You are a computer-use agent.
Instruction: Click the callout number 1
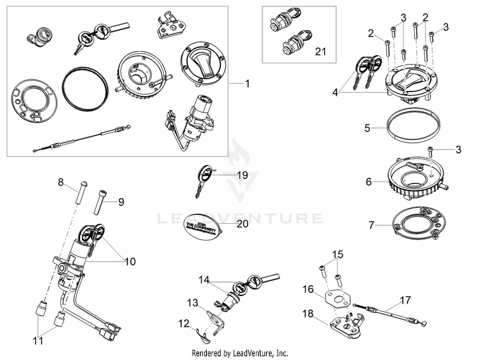(249, 84)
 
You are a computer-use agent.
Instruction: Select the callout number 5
(367, 128)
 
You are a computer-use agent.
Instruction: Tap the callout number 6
(369, 182)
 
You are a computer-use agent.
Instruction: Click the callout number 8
(61, 182)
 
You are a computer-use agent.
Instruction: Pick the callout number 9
(121, 201)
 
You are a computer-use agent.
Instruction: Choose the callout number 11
(38, 341)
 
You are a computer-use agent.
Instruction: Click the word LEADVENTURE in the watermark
(240, 219)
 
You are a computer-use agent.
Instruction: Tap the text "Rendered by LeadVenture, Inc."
(240, 353)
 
